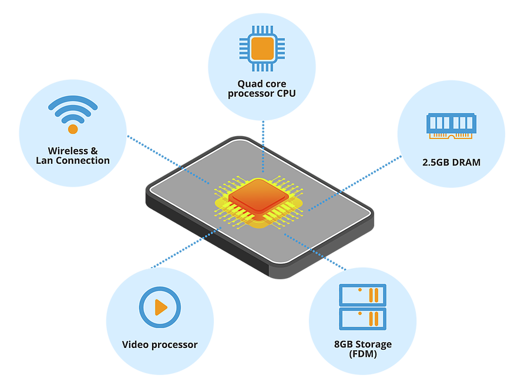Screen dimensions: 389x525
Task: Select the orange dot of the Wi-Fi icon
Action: [x=73, y=128]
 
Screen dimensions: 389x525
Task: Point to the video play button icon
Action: [x=159, y=306]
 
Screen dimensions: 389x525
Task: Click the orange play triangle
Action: [x=160, y=307]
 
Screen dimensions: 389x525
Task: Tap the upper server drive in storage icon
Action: [x=362, y=295]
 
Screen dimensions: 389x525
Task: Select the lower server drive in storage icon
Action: [x=362, y=319]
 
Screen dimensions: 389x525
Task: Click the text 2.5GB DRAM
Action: [x=451, y=162]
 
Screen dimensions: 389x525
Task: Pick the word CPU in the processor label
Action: [x=286, y=93]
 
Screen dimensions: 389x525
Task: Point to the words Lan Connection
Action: [x=72, y=161]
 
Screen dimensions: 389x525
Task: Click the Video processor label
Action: [x=160, y=344]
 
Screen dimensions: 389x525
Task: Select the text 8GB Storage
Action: [x=362, y=344]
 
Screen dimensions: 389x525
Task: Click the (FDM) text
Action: [x=362, y=354]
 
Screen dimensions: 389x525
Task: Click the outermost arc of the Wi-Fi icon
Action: [x=73, y=101]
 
